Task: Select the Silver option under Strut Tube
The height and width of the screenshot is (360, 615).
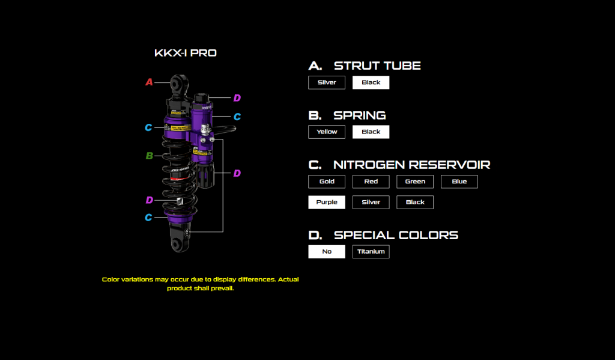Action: [327, 82]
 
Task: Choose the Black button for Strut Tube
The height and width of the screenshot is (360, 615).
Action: [371, 82]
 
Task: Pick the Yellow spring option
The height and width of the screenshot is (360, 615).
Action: [327, 132]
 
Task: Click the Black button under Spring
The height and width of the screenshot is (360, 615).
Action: [371, 132]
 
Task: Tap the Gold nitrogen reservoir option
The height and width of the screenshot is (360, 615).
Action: [327, 182]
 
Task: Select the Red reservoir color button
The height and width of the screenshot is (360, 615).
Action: [371, 182]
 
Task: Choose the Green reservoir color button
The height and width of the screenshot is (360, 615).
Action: [415, 182]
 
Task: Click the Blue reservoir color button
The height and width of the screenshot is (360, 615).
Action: [459, 182]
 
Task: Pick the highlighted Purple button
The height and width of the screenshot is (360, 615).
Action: [327, 202]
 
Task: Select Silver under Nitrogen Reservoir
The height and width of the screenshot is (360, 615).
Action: [371, 202]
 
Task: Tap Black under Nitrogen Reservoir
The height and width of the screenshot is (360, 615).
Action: [415, 202]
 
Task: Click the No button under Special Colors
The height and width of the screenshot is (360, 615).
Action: [327, 251]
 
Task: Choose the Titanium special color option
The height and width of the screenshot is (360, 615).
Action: [371, 251]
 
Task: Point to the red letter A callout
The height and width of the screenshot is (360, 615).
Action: [149, 82]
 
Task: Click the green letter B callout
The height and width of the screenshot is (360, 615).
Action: [149, 156]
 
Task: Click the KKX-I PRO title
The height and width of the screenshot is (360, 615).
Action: [186, 53]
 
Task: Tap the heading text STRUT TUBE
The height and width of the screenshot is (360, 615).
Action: [377, 66]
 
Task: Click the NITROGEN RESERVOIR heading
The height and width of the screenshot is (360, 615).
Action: [412, 165]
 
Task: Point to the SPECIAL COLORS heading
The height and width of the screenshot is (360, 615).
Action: [396, 235]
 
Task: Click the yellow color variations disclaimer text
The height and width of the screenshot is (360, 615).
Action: [200, 284]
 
